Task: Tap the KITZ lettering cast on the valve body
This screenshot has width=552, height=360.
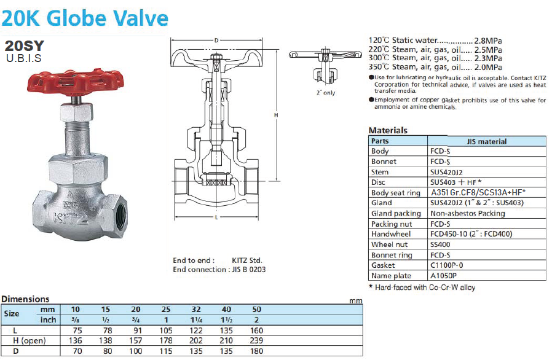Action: [x=71, y=219]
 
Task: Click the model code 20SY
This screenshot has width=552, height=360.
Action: [x=25, y=45]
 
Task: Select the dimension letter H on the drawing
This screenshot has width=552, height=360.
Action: [x=276, y=115]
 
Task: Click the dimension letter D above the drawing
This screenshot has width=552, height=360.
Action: [x=216, y=40]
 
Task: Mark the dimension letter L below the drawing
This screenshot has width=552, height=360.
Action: [x=216, y=217]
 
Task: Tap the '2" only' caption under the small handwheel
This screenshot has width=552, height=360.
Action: [x=326, y=93]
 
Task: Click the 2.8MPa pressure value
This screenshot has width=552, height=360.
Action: [x=488, y=41]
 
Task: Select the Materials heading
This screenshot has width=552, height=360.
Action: [x=388, y=130]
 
